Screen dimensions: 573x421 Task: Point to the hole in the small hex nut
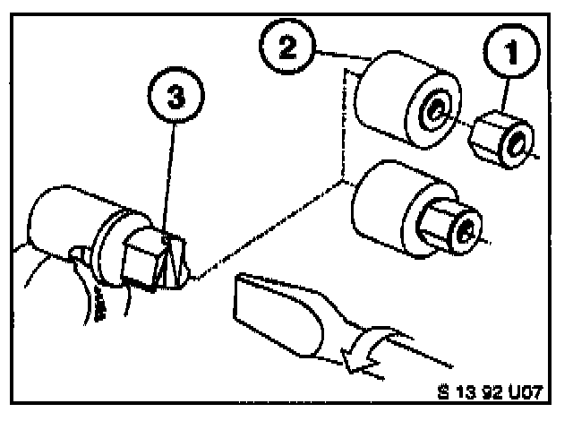(x=517, y=142)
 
